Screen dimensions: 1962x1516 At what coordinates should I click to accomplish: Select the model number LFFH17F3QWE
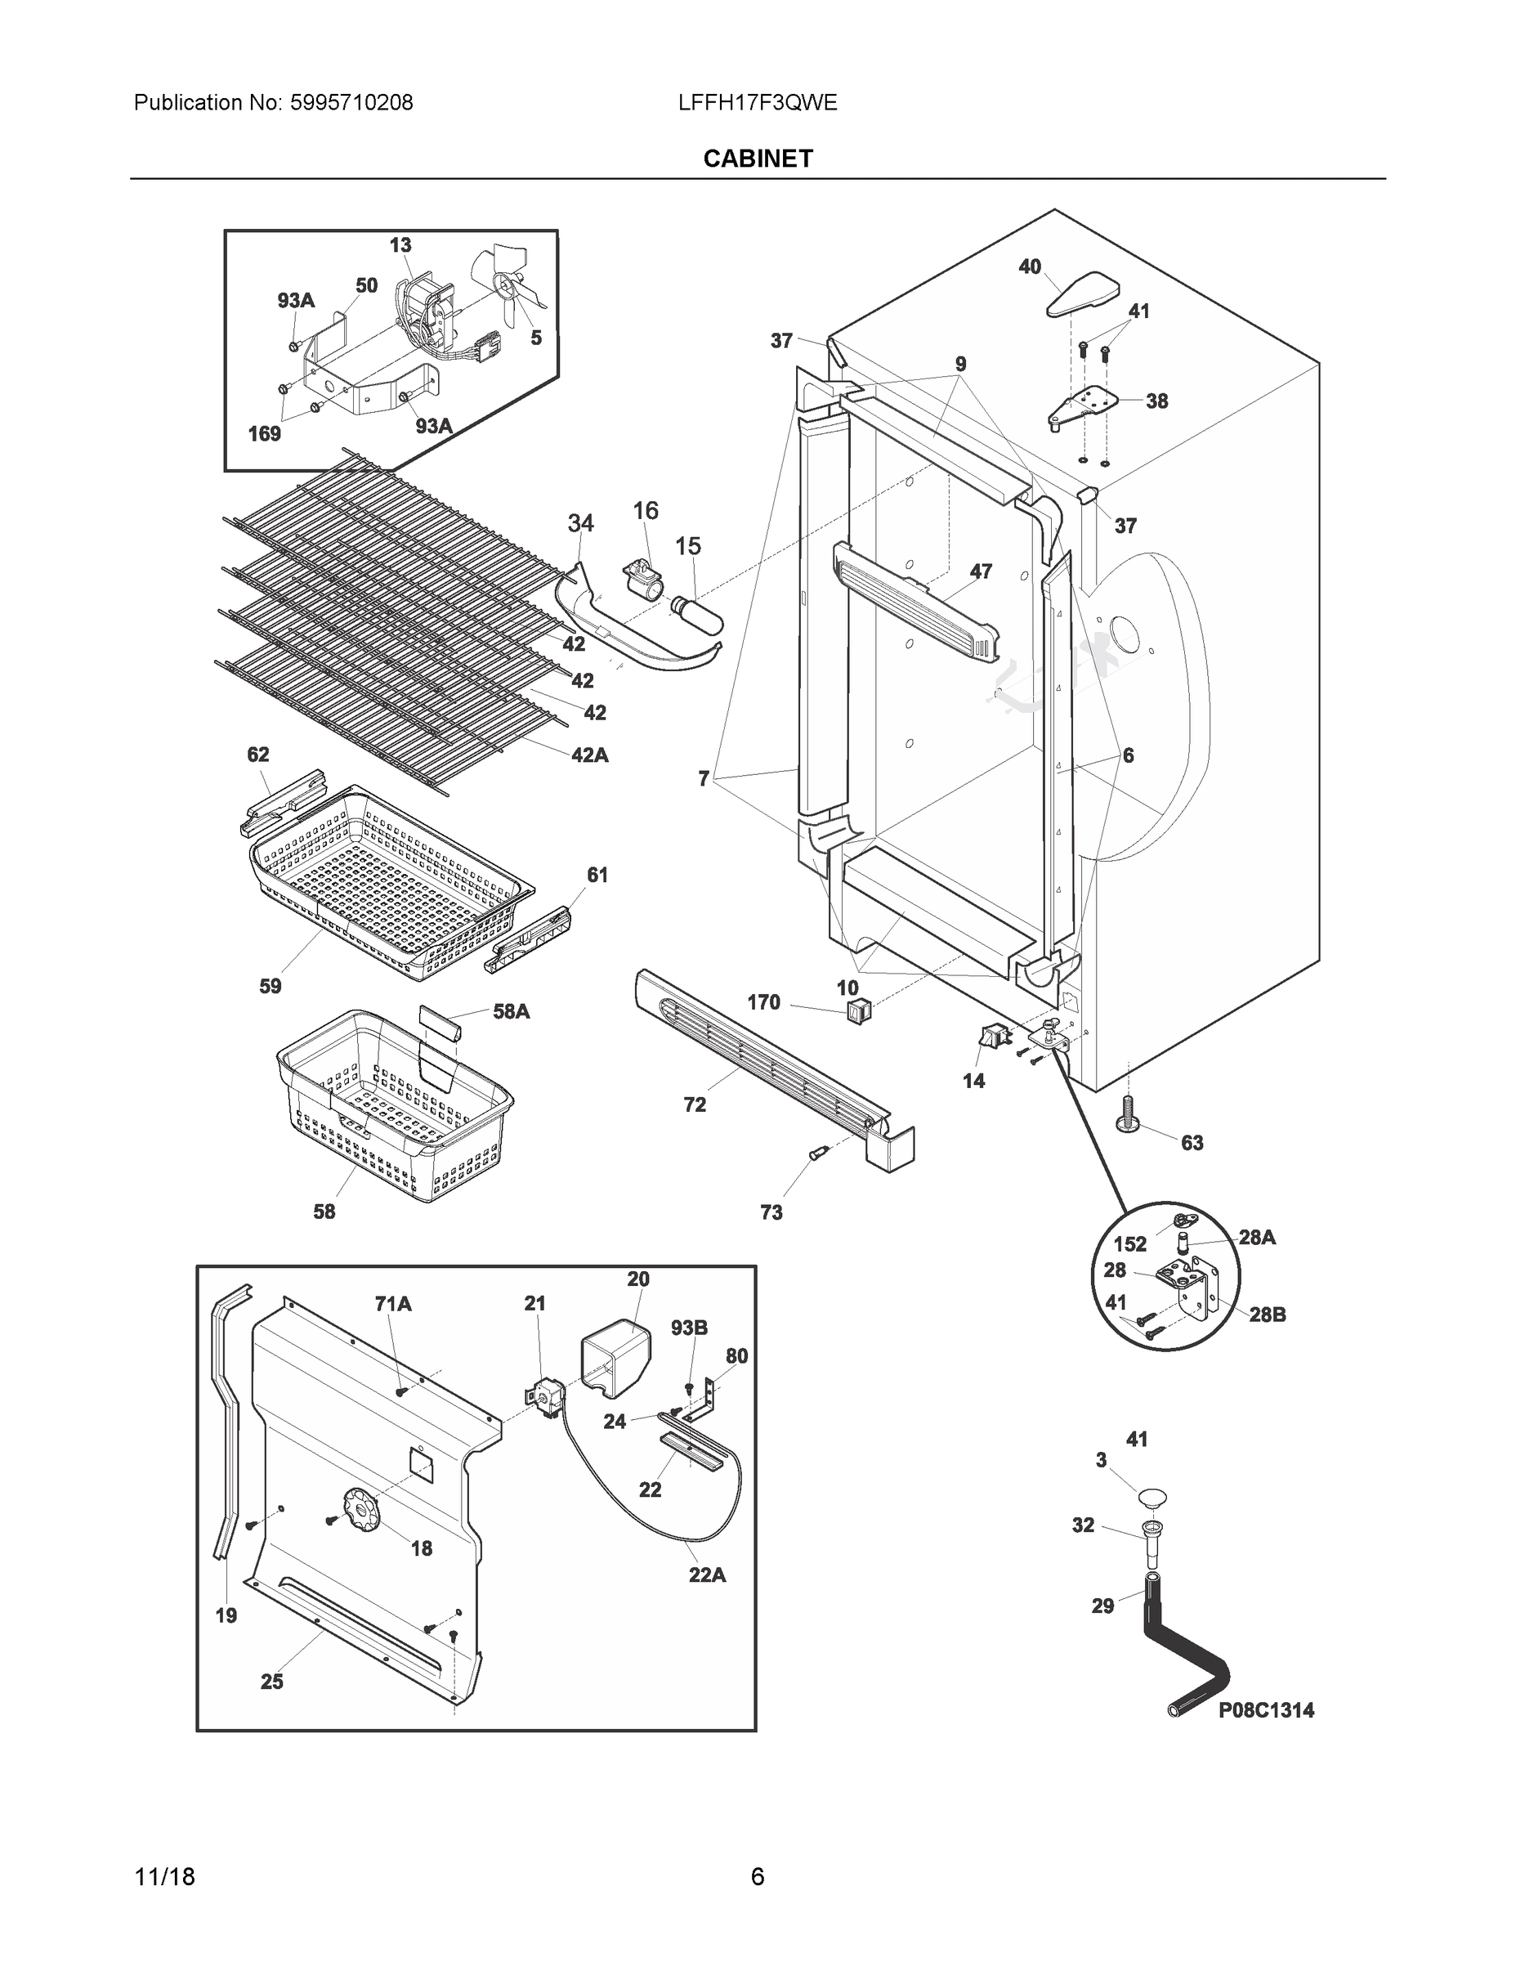pyautogui.click(x=757, y=102)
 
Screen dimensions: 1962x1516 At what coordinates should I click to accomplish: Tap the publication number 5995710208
pyautogui.click(x=351, y=102)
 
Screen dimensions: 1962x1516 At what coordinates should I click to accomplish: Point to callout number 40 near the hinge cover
pyautogui.click(x=1029, y=266)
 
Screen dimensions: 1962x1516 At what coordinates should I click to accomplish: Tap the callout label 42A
pyautogui.click(x=589, y=755)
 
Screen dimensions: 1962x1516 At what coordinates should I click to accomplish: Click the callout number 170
pyautogui.click(x=763, y=1001)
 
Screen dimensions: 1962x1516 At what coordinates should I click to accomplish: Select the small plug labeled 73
pyautogui.click(x=816, y=1154)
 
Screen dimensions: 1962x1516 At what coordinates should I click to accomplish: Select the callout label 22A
pyautogui.click(x=707, y=1574)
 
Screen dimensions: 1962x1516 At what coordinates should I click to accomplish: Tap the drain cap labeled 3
pyautogui.click(x=1152, y=1497)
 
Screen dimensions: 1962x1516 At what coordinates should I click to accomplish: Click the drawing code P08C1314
pyautogui.click(x=1265, y=1710)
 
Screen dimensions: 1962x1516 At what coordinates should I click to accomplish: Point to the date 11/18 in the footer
pyautogui.click(x=164, y=1877)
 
